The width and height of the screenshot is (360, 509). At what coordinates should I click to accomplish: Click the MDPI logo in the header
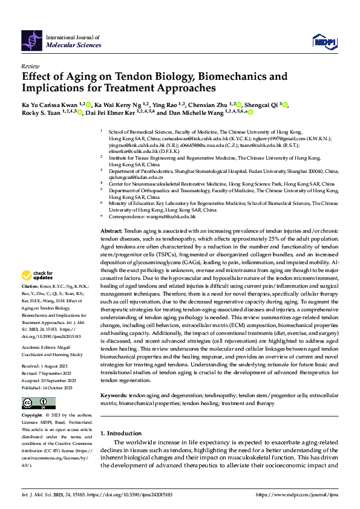point(324,41)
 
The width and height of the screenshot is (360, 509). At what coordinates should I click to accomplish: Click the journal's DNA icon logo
point(32,40)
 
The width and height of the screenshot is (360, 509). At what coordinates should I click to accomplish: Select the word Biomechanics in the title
point(234,77)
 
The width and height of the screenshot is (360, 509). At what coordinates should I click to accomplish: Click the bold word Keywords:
point(114,395)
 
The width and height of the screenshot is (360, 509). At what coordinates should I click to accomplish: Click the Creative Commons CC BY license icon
point(39,403)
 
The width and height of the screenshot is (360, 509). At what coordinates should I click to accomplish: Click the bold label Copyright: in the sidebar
point(33,416)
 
